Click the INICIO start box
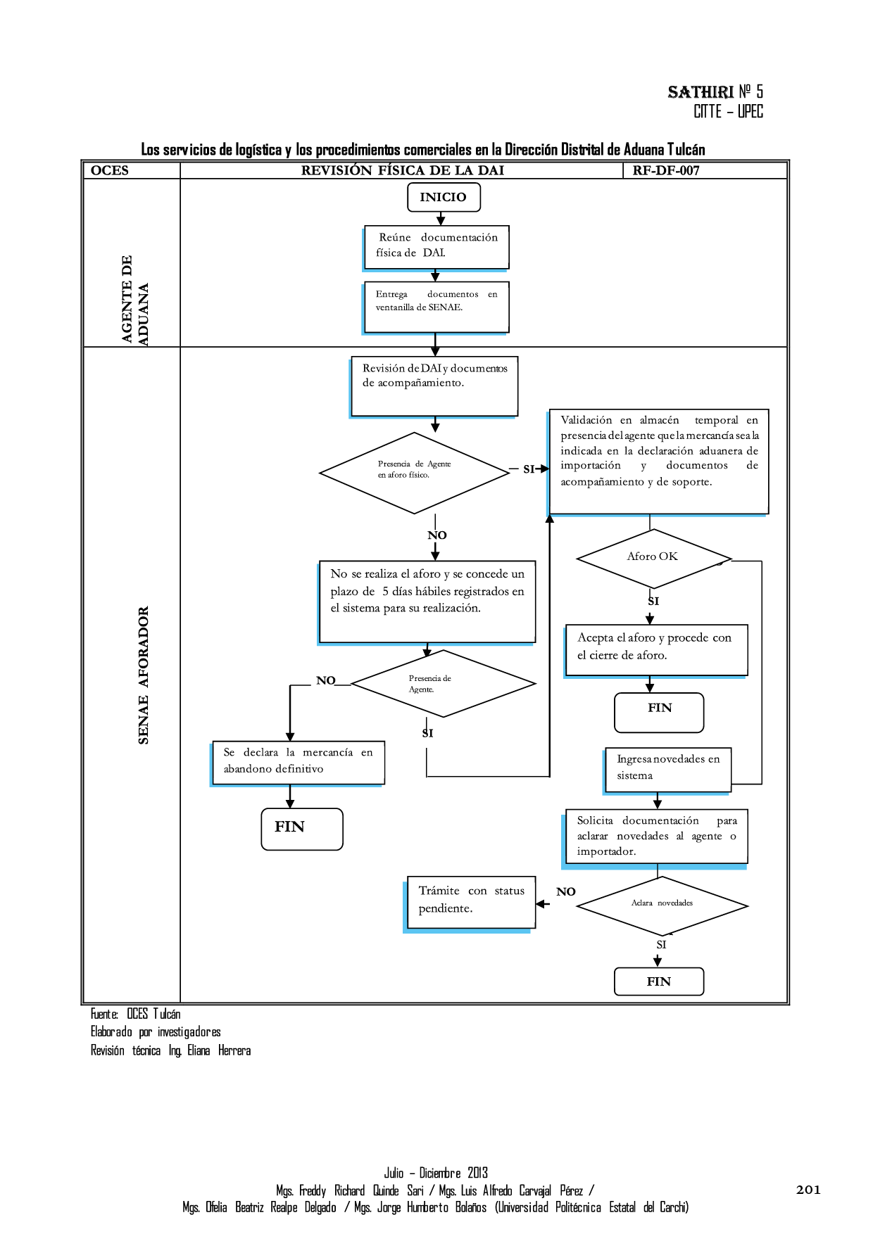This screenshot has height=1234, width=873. point(444,197)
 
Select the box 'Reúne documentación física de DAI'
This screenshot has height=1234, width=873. point(436,246)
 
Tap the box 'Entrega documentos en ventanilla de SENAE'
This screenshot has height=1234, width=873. point(436,307)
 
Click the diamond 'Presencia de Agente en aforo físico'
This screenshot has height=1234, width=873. point(414,472)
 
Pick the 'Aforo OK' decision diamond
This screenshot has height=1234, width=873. point(653,558)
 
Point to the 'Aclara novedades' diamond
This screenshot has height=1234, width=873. point(662,905)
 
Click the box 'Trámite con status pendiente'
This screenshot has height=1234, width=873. point(471,902)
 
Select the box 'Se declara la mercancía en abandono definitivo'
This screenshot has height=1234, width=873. point(299,762)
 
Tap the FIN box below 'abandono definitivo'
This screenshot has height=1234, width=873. point(301,829)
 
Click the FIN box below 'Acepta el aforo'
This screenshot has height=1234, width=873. point(659,712)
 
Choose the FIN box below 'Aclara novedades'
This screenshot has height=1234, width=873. point(659,981)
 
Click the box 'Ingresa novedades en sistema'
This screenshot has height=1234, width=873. point(667,769)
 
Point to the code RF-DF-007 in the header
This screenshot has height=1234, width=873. point(665,170)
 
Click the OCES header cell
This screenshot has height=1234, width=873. point(110,170)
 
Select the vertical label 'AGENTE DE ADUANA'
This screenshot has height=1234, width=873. point(134,300)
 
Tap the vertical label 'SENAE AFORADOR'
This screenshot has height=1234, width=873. point(144,675)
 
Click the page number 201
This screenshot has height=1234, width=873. point(808,1190)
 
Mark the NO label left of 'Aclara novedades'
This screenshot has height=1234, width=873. point(565,891)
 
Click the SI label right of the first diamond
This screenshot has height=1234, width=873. point(529,469)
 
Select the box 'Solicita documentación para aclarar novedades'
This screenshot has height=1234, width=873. point(656,836)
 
